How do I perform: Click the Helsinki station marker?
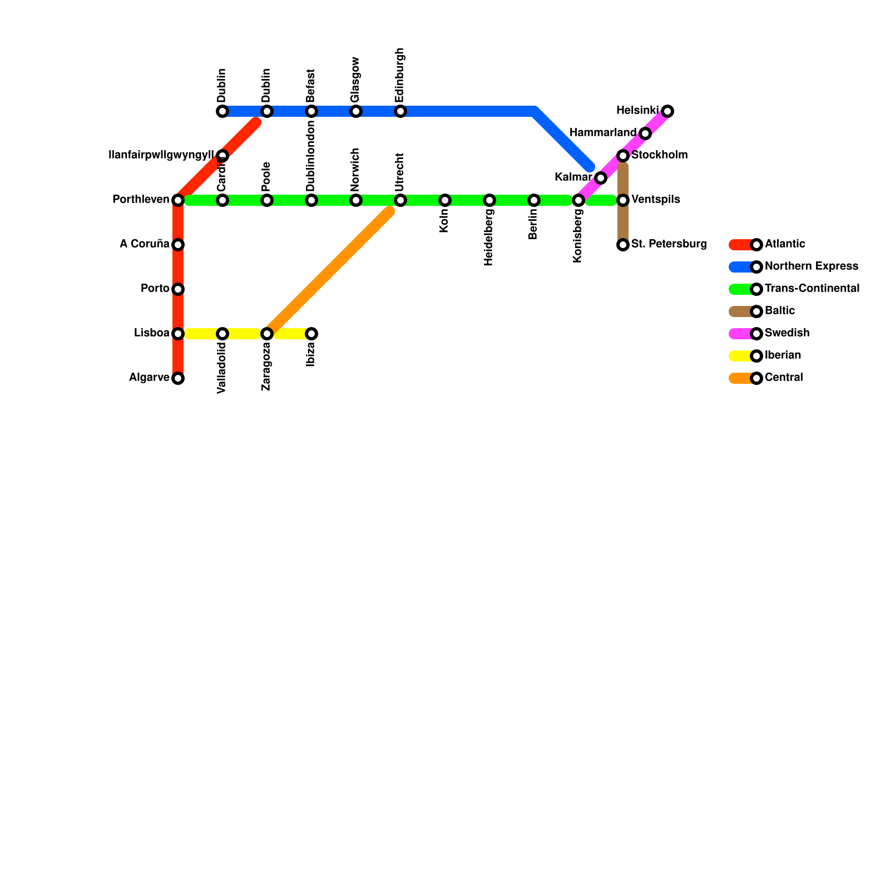pos(667,111)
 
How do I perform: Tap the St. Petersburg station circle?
pos(623,245)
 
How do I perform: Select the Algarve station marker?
pos(178,378)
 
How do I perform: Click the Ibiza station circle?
pos(311,334)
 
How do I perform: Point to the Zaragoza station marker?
pos(267,334)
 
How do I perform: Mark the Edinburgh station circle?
pos(400,111)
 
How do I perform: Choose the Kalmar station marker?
pos(601,178)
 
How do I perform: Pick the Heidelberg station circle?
pos(489,200)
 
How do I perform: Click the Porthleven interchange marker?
pos(178,200)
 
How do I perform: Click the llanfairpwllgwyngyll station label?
pos(161,155)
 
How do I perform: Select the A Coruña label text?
pos(144,244)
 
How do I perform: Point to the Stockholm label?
pos(660,155)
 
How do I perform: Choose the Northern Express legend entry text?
pos(811,266)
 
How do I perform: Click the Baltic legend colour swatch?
pos(740,311)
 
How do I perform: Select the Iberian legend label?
pos(783,355)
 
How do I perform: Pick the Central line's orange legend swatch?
pos(740,378)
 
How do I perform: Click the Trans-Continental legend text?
pos(812,289)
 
